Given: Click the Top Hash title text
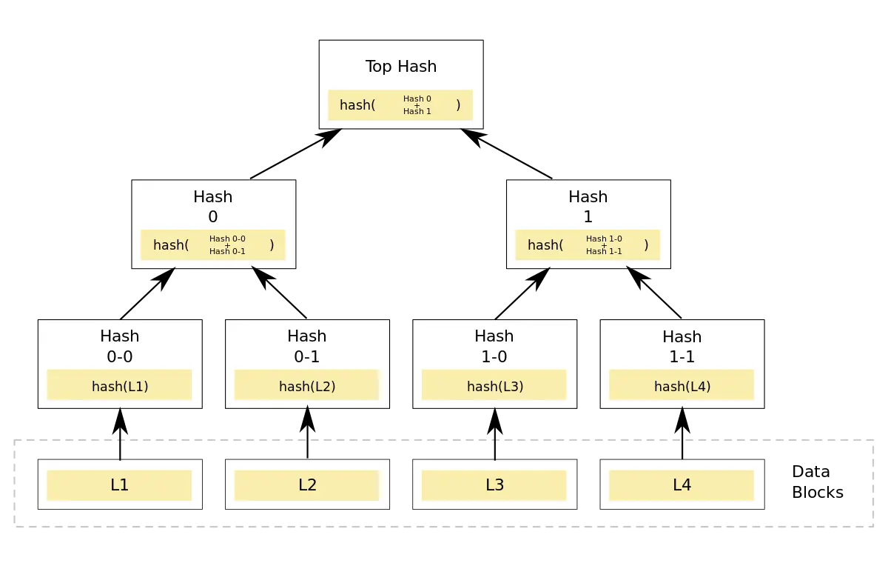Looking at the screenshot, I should [401, 67].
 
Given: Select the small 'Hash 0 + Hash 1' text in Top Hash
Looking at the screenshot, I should [417, 105].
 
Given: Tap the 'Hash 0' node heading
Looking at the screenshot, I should [213, 207].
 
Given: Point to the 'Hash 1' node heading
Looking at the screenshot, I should [588, 207].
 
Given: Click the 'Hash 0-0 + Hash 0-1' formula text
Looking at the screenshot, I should [227, 245].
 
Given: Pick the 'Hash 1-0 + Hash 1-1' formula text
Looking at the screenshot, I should [604, 245].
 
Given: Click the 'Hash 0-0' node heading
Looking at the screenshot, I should [120, 346].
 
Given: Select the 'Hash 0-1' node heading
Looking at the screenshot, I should [307, 346].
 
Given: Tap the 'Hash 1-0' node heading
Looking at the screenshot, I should [494, 346].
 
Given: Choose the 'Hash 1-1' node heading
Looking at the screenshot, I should [682, 347].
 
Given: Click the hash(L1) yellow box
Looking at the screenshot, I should [120, 386].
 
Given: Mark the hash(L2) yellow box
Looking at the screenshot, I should [307, 386].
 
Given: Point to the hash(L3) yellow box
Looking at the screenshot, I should [494, 386].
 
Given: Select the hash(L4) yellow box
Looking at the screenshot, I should [682, 386].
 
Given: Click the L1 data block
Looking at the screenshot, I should [120, 485].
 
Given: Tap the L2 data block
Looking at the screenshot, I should [307, 485].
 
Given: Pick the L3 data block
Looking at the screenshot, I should [494, 485].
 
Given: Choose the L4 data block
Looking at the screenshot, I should [682, 485].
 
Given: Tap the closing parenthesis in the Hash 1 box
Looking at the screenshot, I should [646, 245].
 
